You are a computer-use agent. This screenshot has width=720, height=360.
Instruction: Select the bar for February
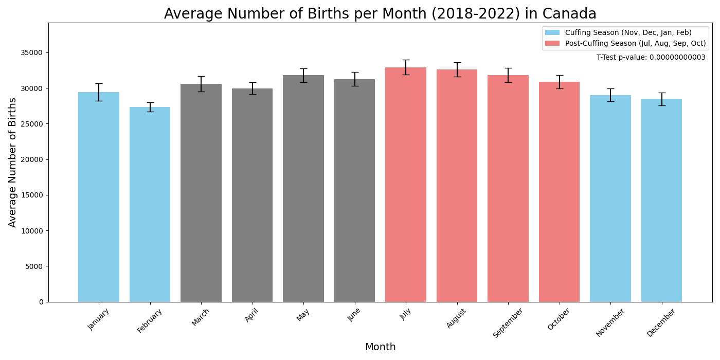tap(150, 206)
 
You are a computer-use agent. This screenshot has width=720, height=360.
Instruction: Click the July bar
tap(406, 185)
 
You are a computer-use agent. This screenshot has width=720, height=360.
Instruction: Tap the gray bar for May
tap(303, 190)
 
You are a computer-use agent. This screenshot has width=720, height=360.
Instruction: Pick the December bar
tap(661, 201)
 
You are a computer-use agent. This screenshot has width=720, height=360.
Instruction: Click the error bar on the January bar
tap(99, 92)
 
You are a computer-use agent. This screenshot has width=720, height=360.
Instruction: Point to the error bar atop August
tap(457, 69)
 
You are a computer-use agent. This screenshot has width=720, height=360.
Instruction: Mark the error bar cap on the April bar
tap(253, 83)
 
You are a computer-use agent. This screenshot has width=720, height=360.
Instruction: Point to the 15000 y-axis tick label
tap(32, 195)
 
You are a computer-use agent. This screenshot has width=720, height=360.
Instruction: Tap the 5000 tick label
tap(34, 266)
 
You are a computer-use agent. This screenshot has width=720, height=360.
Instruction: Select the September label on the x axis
tap(509, 322)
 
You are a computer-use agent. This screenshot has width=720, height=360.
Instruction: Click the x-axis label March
tap(201, 317)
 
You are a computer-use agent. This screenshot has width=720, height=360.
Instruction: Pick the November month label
tap(610, 322)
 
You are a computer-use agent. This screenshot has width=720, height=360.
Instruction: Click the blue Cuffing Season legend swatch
tap(552, 32)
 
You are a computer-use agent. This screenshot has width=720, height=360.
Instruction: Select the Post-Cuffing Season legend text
tap(635, 44)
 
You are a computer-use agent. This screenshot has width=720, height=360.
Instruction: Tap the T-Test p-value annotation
tap(651, 58)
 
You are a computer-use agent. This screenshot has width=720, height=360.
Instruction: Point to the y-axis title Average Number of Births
tap(13, 162)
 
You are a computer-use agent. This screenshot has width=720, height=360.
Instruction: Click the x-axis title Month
tap(380, 347)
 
